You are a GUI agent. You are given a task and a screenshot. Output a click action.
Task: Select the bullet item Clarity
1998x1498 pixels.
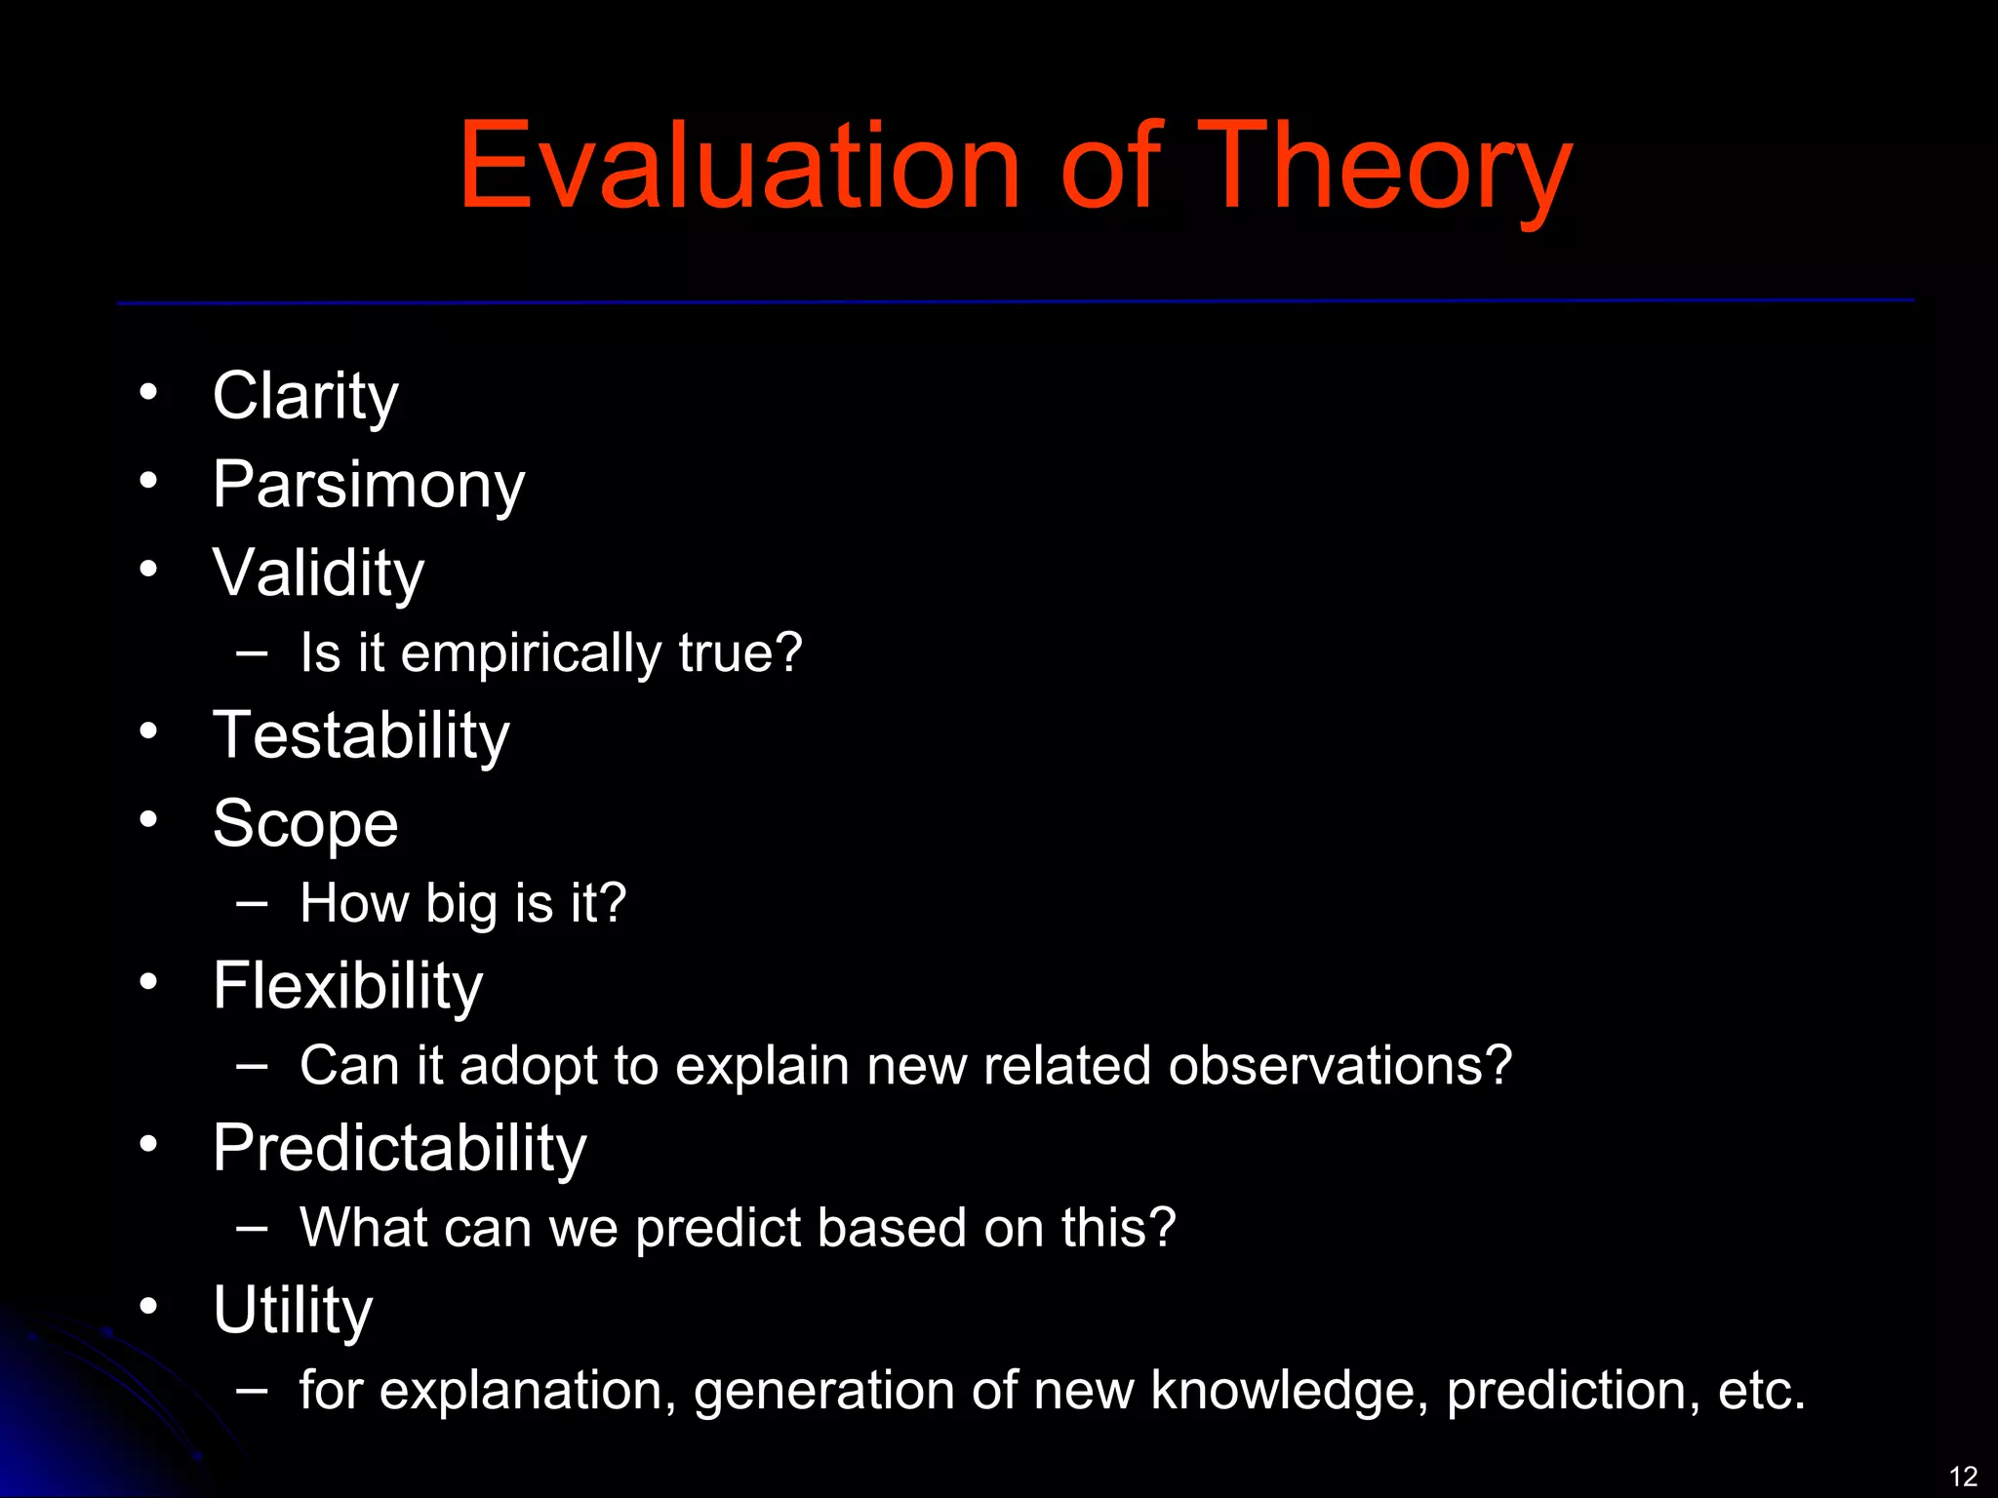coord(305,396)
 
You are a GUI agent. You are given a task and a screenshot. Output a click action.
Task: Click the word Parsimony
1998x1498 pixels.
coord(369,485)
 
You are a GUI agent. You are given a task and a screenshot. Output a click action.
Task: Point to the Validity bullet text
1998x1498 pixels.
coord(318,572)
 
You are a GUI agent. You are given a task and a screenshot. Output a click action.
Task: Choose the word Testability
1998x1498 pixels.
coord(361,734)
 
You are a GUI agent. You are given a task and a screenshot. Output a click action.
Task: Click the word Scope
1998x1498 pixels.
coord(305,824)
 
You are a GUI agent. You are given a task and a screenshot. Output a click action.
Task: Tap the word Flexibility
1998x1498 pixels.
coord(347,985)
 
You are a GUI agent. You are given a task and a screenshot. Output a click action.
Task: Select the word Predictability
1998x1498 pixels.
coord(399,1147)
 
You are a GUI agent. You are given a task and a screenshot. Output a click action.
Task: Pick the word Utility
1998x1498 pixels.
coord(293,1309)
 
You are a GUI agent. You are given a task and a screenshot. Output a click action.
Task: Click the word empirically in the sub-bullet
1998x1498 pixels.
coord(531,653)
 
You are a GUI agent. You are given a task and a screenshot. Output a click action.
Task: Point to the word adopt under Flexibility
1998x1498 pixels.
coord(528,1066)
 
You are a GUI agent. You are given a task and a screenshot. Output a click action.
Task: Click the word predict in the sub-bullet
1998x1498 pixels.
coord(718,1228)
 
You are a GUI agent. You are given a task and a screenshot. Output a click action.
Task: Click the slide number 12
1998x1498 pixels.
coord(1963,1476)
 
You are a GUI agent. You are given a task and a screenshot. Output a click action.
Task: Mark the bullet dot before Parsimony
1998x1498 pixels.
coord(148,480)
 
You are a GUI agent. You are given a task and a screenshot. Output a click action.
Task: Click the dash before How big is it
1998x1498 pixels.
coord(252,903)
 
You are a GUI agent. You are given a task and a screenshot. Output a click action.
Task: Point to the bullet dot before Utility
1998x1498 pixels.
coord(148,1305)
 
